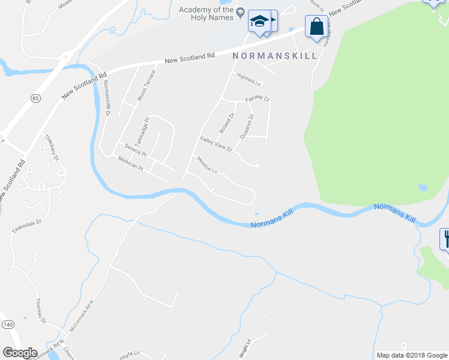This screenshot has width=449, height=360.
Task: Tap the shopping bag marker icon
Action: pos(316,27)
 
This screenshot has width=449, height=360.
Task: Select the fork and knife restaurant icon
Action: pos(446,239)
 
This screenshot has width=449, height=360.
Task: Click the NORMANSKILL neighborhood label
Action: pos(275,56)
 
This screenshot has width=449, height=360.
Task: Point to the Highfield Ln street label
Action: pos(249,79)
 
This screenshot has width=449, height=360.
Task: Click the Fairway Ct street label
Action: pos(258,99)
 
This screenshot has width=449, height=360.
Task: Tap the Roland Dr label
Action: pos(226,123)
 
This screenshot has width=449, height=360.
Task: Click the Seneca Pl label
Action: pos(135,149)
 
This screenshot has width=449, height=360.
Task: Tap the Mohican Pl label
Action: pos(131,162)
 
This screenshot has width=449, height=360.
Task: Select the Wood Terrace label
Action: pos(146,85)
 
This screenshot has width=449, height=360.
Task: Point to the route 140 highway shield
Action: pos(7,325)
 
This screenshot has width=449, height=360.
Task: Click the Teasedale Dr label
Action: pos(28,226)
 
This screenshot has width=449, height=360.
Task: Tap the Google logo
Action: pos(20,352)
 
